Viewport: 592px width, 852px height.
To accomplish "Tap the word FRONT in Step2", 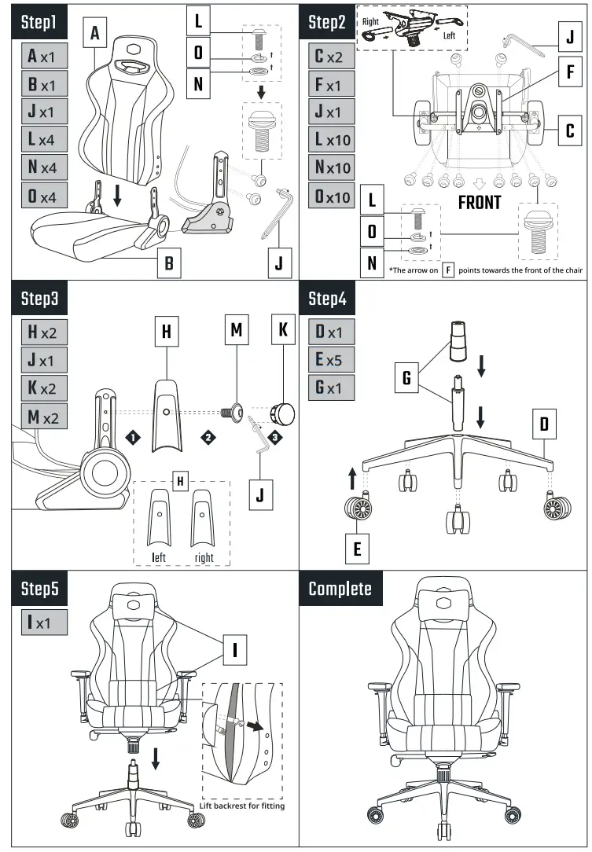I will (x=479, y=202).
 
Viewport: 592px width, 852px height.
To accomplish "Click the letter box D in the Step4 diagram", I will (x=544, y=426).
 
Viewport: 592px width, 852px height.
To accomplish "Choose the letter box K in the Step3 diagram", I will (x=283, y=331).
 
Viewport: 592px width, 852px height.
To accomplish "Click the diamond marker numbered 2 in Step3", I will (x=208, y=437).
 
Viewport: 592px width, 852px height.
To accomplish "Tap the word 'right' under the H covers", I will (x=204, y=558).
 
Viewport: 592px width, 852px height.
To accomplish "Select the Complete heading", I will (x=340, y=588).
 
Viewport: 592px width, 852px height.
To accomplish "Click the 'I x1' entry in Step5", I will (x=44, y=622).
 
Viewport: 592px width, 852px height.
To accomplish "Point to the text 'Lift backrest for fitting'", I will (x=242, y=806).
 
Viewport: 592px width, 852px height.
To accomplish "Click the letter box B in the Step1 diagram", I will (x=168, y=263).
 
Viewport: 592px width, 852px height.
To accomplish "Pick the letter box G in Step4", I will (x=406, y=379).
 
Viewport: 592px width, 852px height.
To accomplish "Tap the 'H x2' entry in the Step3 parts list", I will (x=44, y=332).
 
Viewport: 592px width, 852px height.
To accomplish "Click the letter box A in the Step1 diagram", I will (x=95, y=34).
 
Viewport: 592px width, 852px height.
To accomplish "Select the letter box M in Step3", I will (x=236, y=331).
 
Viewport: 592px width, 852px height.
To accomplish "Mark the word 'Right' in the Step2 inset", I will (x=370, y=22).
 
